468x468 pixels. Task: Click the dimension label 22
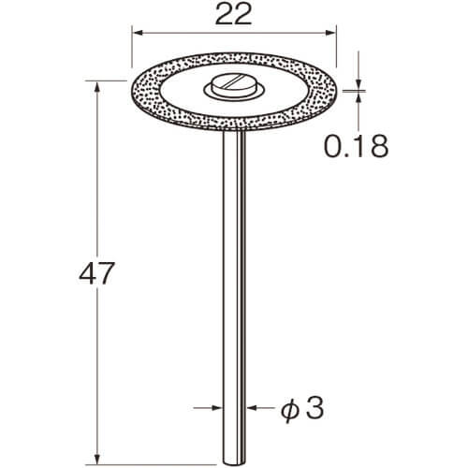pyautogui.click(x=233, y=15)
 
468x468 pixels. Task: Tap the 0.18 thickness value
pyautogui.click(x=357, y=146)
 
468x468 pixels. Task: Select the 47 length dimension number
pyautogui.click(x=97, y=273)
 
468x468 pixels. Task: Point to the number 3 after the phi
pyautogui.click(x=314, y=408)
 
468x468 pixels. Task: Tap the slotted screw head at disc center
pyautogui.click(x=233, y=85)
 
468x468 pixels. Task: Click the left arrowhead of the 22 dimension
pyautogui.click(x=138, y=33)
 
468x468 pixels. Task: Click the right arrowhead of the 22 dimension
pyautogui.click(x=330, y=33)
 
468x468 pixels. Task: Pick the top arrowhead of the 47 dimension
pyautogui.click(x=97, y=87)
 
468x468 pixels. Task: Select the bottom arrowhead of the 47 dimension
pyautogui.click(x=97, y=458)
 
